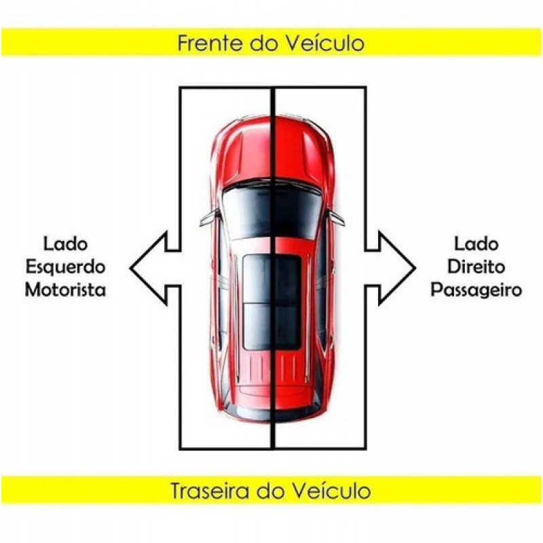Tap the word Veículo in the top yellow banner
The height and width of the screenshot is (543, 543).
coord(324,43)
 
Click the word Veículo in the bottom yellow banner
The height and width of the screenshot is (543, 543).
coord(331,491)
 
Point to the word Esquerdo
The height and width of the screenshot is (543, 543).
coord(65,267)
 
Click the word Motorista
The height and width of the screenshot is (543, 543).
coord(65,290)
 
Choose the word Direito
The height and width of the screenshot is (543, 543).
coord(476,267)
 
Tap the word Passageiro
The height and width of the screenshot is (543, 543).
coord(476,291)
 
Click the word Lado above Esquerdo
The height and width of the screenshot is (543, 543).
coord(65,244)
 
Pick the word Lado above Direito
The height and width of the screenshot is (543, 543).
coord(476,244)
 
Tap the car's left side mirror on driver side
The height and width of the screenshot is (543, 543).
coord(210,217)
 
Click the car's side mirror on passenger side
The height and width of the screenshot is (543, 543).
coord(336,217)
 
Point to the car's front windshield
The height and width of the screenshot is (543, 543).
coord(272,212)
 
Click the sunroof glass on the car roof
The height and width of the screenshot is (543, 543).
coord(272,302)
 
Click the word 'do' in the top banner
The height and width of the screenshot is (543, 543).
coord(264,43)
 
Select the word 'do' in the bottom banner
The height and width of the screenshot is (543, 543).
coord(270,491)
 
